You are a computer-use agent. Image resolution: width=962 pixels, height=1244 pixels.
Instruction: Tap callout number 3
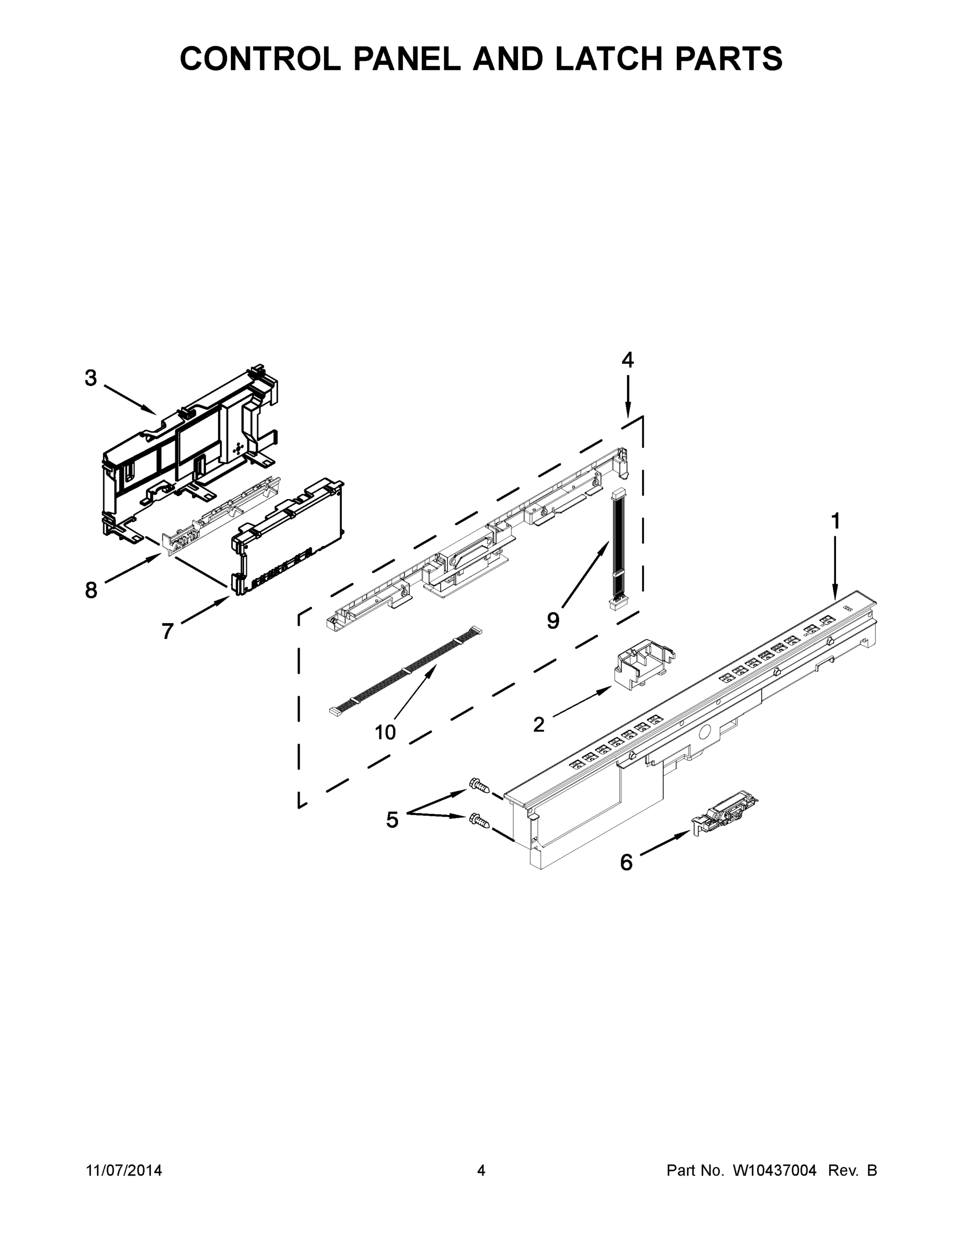91,378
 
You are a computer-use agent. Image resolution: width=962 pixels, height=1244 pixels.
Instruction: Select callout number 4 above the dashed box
627,360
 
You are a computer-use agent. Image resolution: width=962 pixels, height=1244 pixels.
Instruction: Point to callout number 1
835,521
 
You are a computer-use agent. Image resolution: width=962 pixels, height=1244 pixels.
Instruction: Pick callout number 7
167,631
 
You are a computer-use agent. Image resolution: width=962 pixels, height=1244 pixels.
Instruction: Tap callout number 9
553,621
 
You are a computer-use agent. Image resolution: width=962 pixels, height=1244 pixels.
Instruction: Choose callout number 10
385,732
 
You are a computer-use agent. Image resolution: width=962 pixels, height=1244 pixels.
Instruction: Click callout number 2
538,725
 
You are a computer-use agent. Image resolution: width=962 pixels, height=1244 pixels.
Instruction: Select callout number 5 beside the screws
392,819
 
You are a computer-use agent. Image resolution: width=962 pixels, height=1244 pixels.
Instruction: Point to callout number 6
626,863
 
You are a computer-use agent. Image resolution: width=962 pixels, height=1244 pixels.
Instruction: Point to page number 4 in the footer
481,1170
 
